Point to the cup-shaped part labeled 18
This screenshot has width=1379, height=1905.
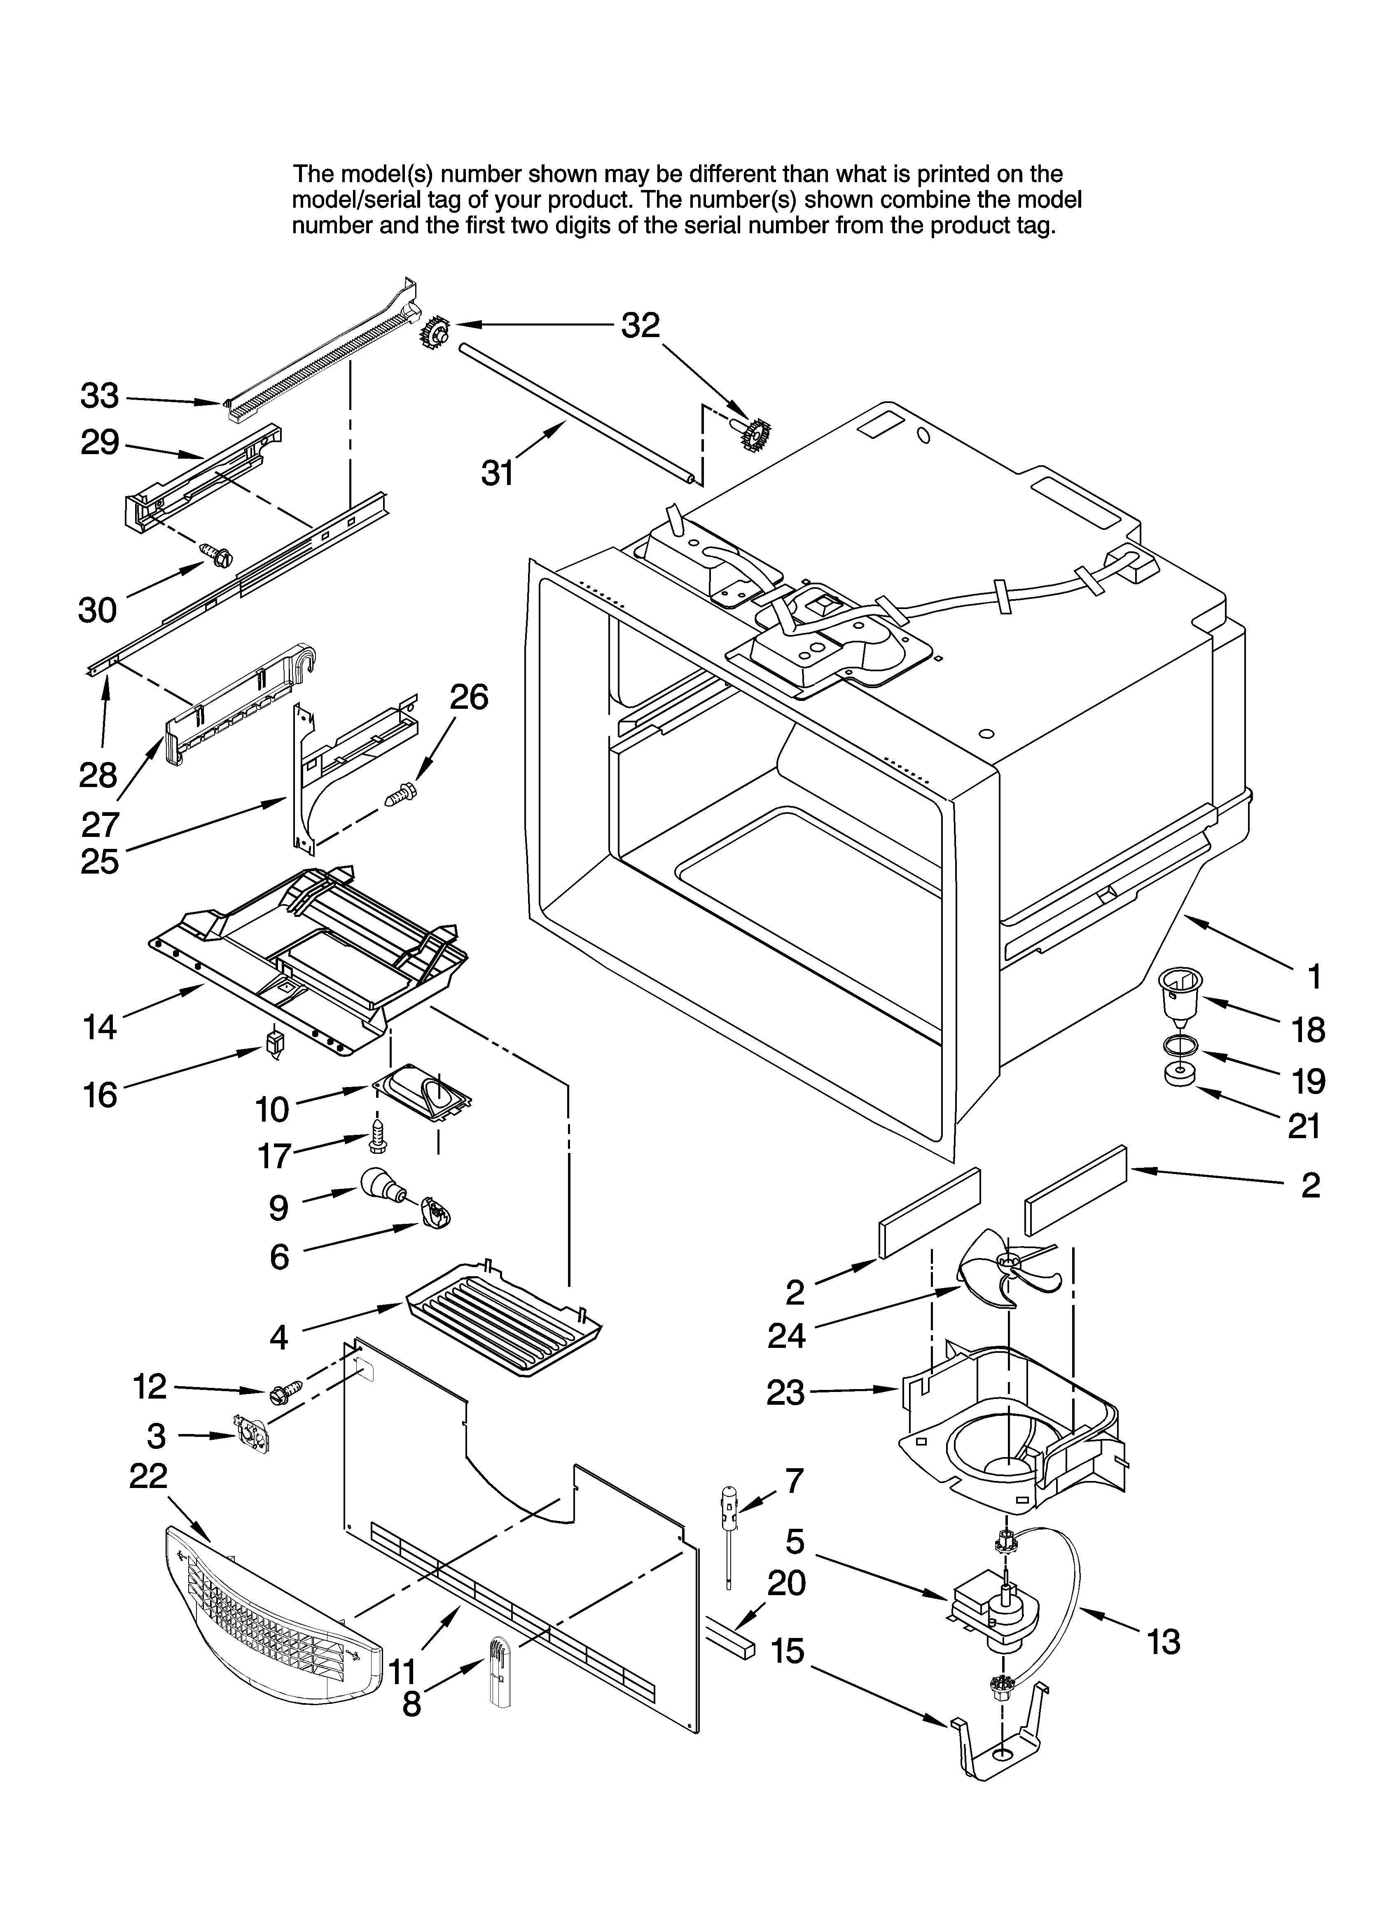coord(1178,995)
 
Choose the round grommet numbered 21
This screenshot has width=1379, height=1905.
coord(1179,1075)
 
